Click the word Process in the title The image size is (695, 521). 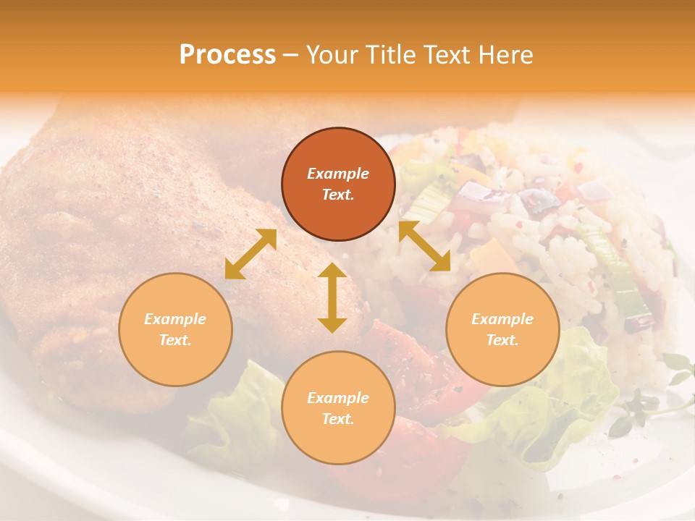click(x=227, y=55)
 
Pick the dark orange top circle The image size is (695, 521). click(x=338, y=185)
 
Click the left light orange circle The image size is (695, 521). click(x=175, y=329)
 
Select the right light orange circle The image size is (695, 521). click(x=502, y=329)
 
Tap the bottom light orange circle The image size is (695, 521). click(x=338, y=408)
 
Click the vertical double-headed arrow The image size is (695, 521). click(x=332, y=297)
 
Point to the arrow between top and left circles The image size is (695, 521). click(x=250, y=254)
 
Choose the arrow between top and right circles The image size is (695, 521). click(x=424, y=246)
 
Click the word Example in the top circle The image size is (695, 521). click(x=338, y=174)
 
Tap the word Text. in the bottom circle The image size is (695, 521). click(x=338, y=419)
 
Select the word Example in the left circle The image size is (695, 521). click(x=175, y=319)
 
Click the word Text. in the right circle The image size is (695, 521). click(x=502, y=340)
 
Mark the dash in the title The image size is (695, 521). click(x=291, y=55)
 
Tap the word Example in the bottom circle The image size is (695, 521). click(x=338, y=398)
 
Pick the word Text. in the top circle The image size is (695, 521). click(x=338, y=195)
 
